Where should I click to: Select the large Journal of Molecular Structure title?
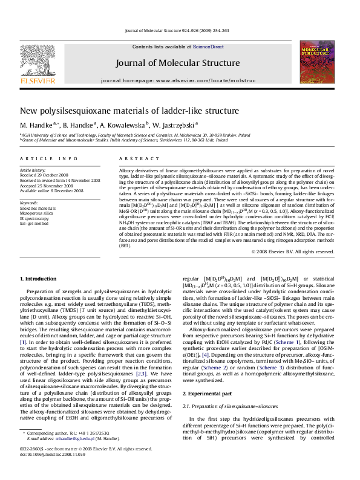pyautogui.click(x=179, y=63)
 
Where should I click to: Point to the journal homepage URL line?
pyautogui.click(x=179, y=80)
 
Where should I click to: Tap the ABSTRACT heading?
pyautogui.click(x=134, y=158)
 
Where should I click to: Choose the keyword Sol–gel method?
pyautogui.click(x=36, y=223)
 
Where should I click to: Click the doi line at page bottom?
pyautogui.click(x=53, y=471)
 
